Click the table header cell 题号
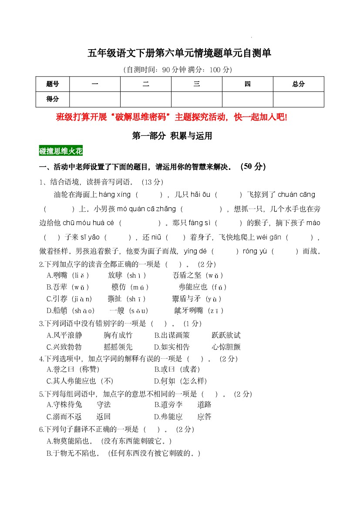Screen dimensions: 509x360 (52, 84)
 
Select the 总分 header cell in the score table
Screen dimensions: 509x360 (298, 84)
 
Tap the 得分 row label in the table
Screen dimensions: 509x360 (52, 99)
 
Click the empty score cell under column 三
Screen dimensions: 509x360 (196, 99)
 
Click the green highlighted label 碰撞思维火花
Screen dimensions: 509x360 (61, 151)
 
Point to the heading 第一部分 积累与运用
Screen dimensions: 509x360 (172, 136)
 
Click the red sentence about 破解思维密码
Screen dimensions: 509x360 (172, 117)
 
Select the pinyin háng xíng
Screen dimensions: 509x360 (114, 195)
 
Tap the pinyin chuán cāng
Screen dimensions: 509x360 (296, 195)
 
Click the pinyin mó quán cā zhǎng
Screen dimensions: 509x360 (152, 209)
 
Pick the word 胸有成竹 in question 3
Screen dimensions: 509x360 (118, 335)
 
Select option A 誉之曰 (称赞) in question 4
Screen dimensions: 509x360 (73, 370)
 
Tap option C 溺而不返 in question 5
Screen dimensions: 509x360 (64, 417)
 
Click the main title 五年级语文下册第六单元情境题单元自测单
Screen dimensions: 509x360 (179, 53)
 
